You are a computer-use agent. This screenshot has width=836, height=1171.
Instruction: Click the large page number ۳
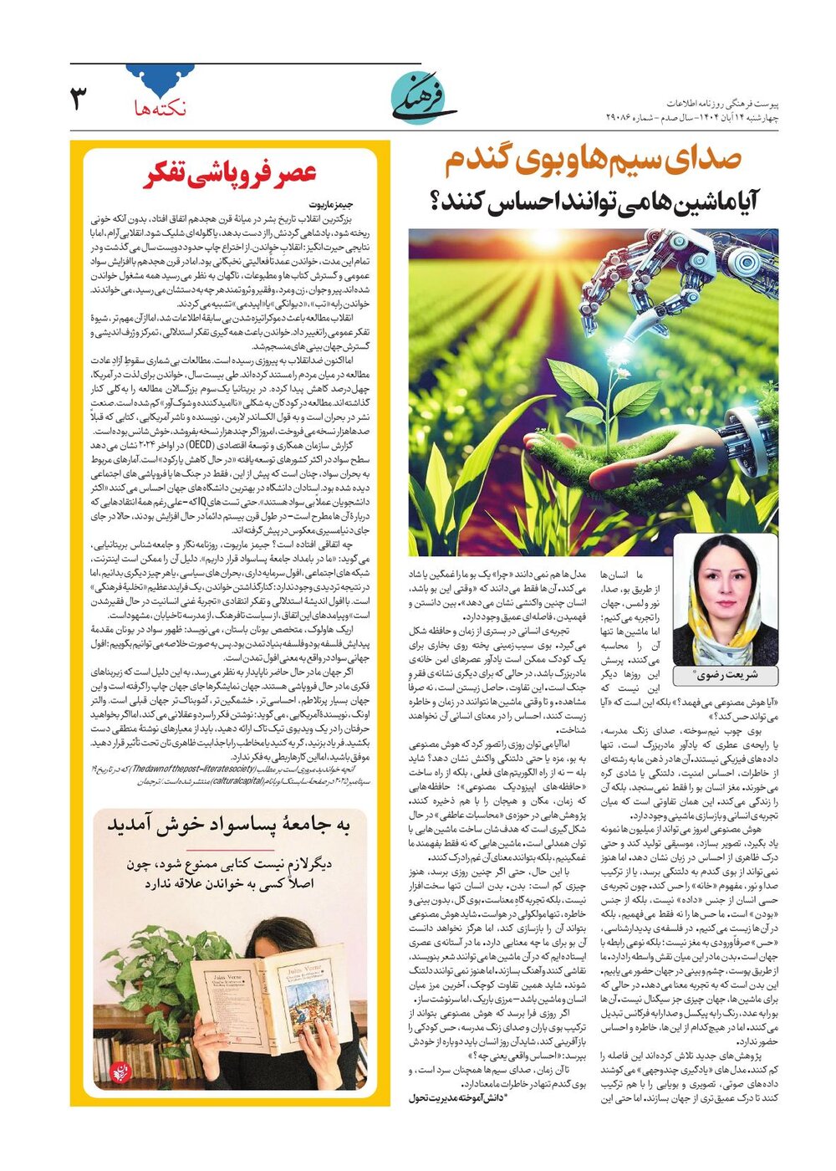click(x=79, y=98)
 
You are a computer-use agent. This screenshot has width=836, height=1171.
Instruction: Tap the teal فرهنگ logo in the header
click(x=424, y=99)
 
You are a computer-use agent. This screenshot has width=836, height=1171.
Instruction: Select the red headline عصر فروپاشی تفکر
click(x=231, y=174)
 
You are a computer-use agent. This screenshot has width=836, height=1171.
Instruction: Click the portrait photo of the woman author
click(x=725, y=600)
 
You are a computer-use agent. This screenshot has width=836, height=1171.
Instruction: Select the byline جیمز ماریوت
click(x=331, y=204)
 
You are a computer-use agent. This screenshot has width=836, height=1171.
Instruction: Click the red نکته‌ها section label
click(x=161, y=107)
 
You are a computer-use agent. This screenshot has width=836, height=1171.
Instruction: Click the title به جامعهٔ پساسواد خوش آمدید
click(x=227, y=825)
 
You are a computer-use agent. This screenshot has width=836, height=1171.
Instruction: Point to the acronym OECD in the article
click(x=197, y=445)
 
